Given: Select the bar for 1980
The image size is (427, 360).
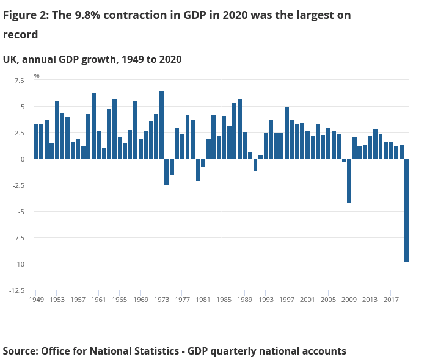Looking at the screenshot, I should click(x=198, y=170).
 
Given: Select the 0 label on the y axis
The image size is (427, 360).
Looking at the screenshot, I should click(x=23, y=159).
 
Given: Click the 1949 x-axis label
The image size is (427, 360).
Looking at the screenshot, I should click(x=36, y=300).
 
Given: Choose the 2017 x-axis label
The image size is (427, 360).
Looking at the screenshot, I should click(x=391, y=300).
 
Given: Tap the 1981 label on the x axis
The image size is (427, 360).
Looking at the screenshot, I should click(x=203, y=300).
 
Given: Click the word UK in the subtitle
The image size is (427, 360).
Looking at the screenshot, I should click(x=10, y=59).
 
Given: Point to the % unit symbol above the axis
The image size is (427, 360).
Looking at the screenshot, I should click(x=37, y=76).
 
